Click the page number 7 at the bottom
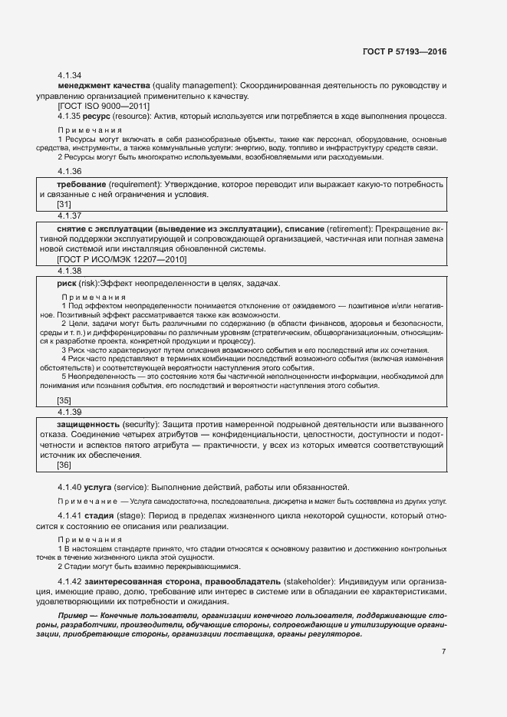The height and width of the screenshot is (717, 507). point(443,652)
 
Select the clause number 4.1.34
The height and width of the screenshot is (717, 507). point(70,76)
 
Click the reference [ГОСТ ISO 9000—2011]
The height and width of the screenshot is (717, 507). point(97,107)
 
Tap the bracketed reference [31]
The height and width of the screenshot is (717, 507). point(64,205)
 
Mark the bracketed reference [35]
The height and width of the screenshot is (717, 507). point(64,400)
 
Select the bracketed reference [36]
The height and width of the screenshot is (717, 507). point(64,465)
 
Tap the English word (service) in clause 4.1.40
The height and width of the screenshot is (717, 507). point(136,487)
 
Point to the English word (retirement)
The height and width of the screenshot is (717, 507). point(353,230)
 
